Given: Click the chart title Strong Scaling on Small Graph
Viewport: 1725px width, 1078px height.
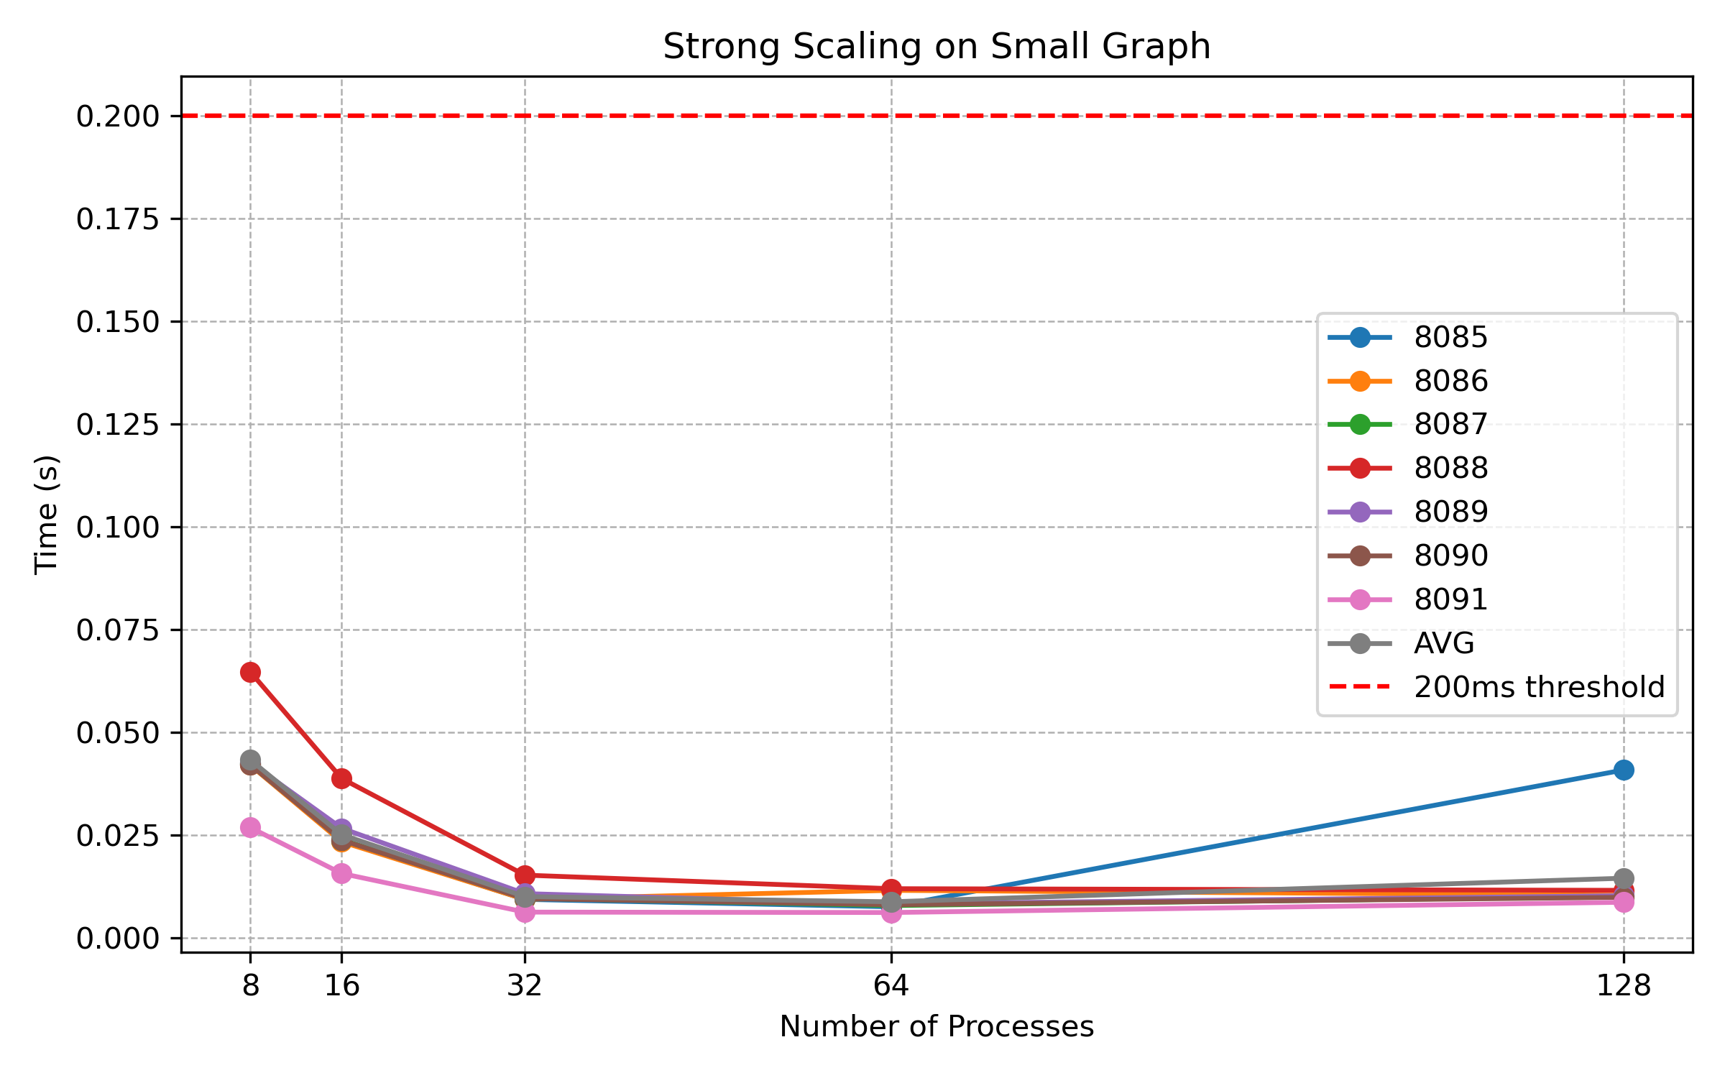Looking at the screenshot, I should (x=937, y=47).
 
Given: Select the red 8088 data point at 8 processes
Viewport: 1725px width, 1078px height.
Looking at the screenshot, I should (x=250, y=672).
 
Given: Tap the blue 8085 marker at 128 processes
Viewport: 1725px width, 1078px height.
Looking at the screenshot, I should (x=1623, y=770).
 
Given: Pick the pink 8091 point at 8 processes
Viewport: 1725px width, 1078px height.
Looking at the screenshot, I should (x=250, y=828).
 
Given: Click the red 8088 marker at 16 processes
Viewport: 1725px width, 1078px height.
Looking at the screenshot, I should (x=341, y=778).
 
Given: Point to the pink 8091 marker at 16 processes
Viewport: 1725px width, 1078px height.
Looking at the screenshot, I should (x=341, y=873).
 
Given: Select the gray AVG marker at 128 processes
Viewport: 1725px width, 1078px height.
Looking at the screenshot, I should (x=1623, y=878).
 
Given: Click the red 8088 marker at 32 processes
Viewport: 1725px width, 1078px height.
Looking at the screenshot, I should (x=525, y=875).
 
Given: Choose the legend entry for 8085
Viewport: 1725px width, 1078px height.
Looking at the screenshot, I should (x=1450, y=337).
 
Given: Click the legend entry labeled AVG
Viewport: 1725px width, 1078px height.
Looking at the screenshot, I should (x=1443, y=643).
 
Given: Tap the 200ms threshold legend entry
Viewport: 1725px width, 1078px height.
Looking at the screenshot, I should (x=1539, y=687).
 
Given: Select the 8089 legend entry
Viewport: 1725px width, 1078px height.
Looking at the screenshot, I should (x=1450, y=512).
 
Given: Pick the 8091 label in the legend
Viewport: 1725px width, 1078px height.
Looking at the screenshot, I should (x=1450, y=599).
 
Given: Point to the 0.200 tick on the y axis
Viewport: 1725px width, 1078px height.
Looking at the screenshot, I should (x=117, y=116).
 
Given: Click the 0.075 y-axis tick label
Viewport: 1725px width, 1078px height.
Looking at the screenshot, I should (x=117, y=630).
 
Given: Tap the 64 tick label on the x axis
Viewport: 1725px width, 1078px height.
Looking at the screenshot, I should (x=891, y=985).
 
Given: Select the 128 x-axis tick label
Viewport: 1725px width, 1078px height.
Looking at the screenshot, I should (x=1623, y=985).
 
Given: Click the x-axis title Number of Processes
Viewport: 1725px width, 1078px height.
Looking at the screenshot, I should (x=937, y=1026).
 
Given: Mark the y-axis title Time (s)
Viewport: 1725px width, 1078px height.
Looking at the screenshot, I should (x=47, y=514).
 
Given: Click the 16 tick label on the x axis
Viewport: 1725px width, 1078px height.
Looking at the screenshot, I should (x=341, y=985).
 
